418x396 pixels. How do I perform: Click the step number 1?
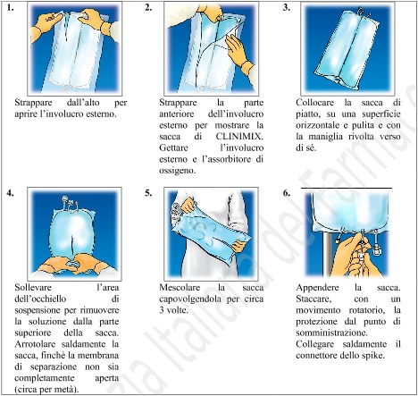point(8,8)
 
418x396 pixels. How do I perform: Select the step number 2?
point(147,8)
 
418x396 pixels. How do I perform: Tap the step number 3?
point(285,8)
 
